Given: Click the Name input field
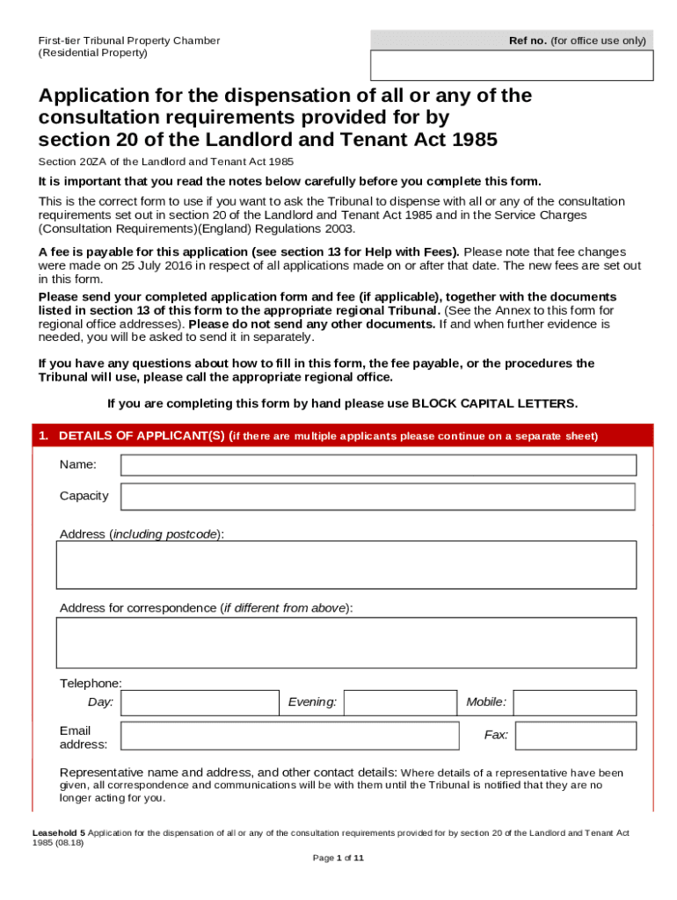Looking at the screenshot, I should (x=378, y=465).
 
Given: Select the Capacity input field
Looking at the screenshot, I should (x=378, y=497).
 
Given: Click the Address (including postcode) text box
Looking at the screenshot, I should (x=346, y=564).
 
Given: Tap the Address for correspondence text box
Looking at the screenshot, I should (x=346, y=642).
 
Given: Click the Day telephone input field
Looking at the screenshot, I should (x=200, y=702).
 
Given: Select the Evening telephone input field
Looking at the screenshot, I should (x=399, y=702).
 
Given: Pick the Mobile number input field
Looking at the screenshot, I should (x=574, y=702).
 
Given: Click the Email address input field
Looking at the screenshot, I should (x=289, y=736).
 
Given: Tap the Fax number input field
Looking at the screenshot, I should (x=574, y=735).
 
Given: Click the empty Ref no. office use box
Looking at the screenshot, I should (x=512, y=66).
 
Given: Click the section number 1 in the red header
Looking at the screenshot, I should (x=41, y=436).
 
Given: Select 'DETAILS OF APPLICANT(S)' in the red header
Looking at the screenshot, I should (x=142, y=436).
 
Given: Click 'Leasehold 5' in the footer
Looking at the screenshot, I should (x=59, y=831).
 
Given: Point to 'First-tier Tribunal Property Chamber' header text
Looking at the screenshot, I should (x=128, y=40).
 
